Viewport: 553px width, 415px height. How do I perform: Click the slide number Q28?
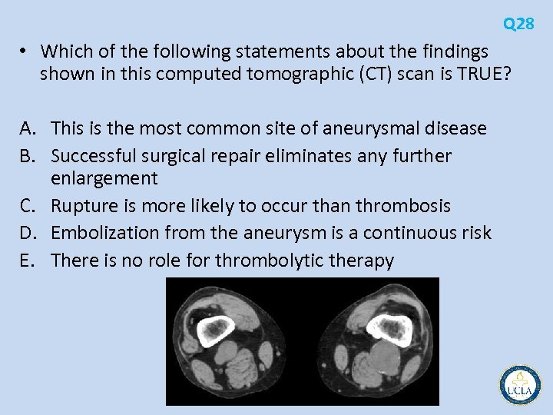tap(519, 24)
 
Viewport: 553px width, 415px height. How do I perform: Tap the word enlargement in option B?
tap(104, 179)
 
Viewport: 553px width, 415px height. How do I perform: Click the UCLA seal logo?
tap(520, 384)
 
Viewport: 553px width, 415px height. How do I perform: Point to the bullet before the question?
tap(25, 51)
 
